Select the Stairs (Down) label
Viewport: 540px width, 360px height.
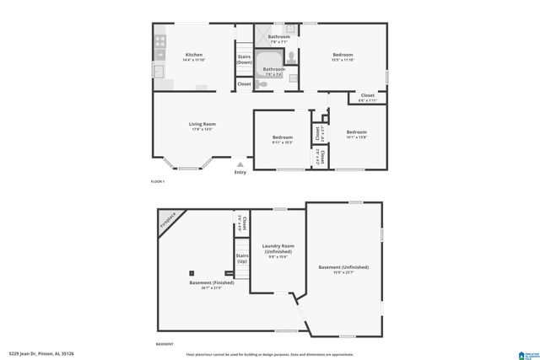pyautogui.click(x=244, y=59)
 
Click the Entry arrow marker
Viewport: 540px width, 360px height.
pyautogui.click(x=240, y=164)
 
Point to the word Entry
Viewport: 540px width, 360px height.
pyautogui.click(x=240, y=172)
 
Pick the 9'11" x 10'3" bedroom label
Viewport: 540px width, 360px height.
pyautogui.click(x=282, y=142)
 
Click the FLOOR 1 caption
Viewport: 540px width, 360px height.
pyautogui.click(x=158, y=182)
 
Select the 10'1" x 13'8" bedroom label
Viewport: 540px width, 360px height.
pyautogui.click(x=357, y=135)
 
